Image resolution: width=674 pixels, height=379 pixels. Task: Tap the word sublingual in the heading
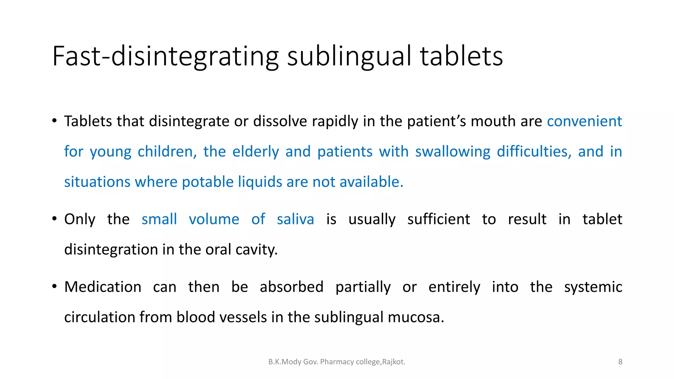(349, 57)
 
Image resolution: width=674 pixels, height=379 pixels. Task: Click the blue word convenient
(584, 121)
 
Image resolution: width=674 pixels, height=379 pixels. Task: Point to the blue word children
(167, 152)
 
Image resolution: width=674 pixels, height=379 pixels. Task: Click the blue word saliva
(295, 219)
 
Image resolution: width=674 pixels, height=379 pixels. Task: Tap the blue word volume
(214, 219)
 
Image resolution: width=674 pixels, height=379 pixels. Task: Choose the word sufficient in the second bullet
(439, 219)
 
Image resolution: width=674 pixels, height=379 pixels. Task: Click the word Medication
(103, 287)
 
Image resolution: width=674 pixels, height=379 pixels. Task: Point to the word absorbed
(292, 287)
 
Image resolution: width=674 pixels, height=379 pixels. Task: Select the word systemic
(593, 287)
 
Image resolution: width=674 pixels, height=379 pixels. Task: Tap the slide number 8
(620, 362)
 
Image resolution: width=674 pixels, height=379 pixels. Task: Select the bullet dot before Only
(55, 219)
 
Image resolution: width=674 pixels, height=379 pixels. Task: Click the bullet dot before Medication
(55, 287)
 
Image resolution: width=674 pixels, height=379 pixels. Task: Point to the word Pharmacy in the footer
(336, 362)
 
